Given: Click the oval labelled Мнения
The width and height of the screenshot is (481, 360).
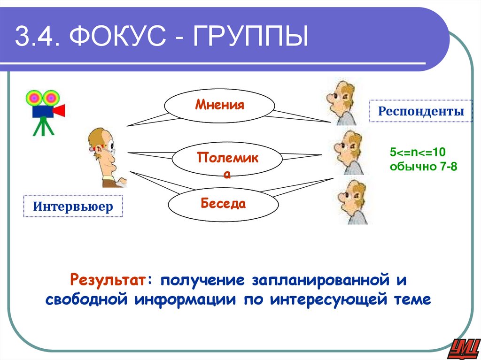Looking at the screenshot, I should pos(219,105).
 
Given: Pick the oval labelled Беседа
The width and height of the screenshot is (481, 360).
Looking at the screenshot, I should pos(223,204).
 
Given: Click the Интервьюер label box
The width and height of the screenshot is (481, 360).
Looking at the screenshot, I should pos(73,206).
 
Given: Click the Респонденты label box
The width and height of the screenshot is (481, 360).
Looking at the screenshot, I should pos(421,111).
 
